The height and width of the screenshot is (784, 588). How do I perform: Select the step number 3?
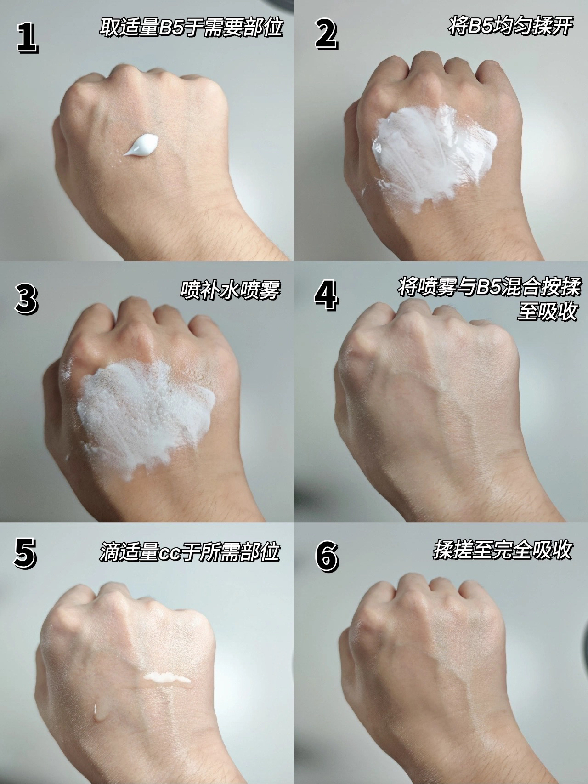point(26,299)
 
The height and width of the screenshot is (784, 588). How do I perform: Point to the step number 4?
point(327,295)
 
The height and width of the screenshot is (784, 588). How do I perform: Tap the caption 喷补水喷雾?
point(230,290)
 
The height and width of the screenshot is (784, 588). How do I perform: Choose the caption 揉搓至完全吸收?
point(503,550)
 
